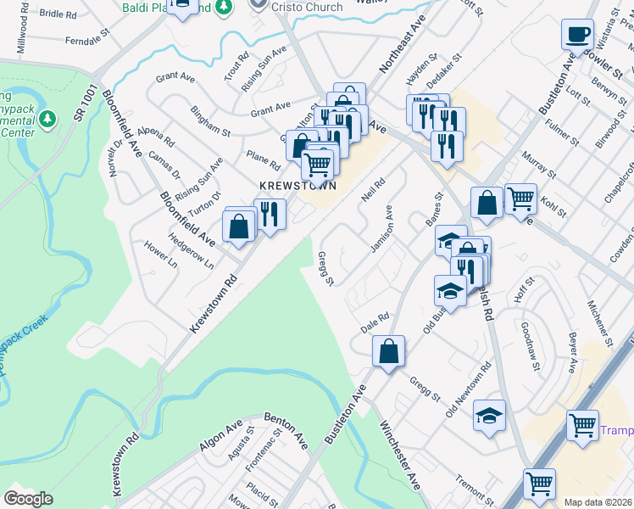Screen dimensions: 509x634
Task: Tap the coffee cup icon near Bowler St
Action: point(578,35)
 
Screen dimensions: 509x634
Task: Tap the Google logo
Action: point(28,498)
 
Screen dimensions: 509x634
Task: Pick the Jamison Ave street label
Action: point(383,228)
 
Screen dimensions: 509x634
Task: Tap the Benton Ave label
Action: point(286,428)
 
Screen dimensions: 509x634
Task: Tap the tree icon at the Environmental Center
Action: point(48,117)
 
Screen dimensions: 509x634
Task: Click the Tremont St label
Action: point(474,489)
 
